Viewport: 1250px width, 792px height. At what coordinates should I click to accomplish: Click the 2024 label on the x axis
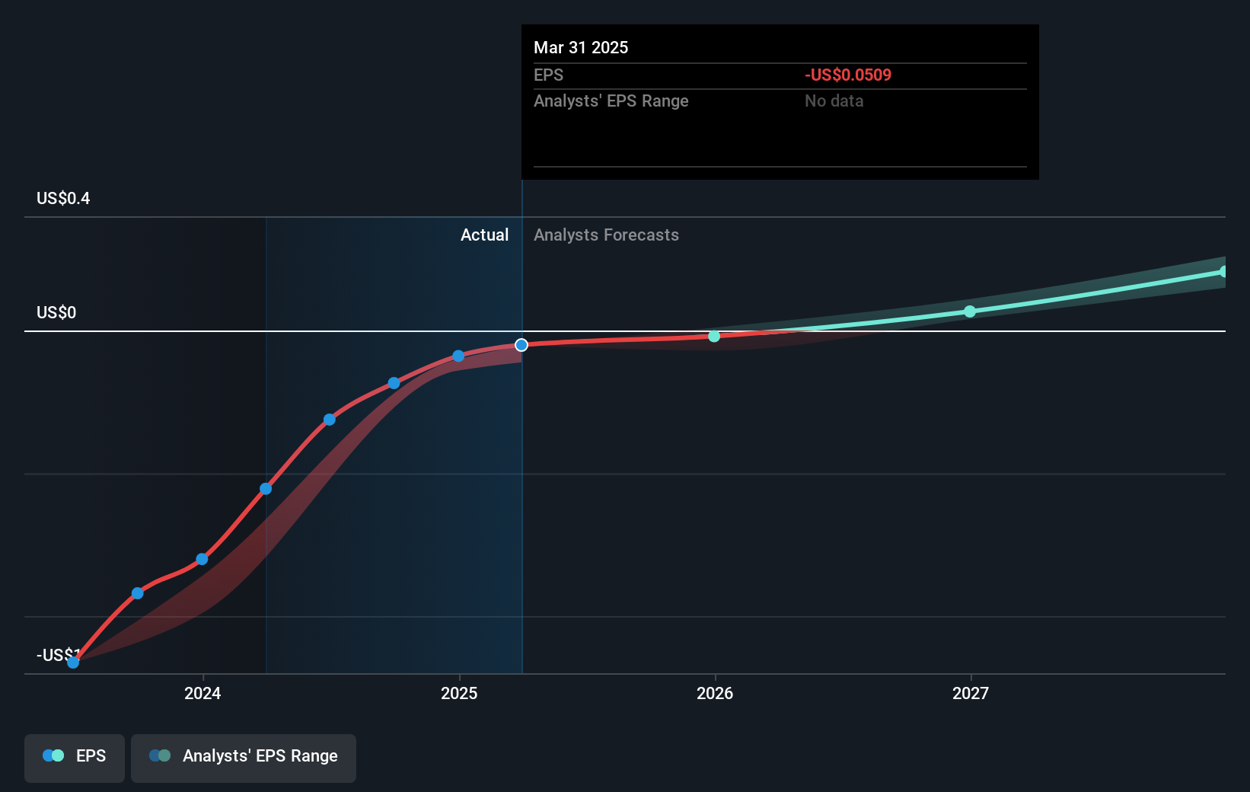(202, 693)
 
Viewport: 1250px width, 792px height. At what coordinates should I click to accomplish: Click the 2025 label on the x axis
(459, 693)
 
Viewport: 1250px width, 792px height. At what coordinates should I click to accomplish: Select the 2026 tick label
(715, 693)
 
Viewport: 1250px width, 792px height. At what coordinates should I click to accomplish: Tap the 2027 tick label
(971, 693)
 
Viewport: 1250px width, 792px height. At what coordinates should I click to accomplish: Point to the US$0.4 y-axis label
(63, 199)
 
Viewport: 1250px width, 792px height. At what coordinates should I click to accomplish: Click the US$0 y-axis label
(56, 313)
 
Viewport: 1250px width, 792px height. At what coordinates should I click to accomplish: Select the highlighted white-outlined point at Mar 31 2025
(521, 345)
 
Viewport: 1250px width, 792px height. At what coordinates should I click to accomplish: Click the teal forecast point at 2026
(714, 336)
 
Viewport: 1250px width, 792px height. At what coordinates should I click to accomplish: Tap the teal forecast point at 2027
(970, 311)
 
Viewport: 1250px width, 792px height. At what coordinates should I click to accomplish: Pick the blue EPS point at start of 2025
(458, 356)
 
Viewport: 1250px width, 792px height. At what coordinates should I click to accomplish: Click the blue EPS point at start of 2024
(202, 559)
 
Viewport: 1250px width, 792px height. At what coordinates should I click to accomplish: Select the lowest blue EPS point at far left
(73, 663)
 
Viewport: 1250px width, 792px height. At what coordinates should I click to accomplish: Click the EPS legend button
(75, 756)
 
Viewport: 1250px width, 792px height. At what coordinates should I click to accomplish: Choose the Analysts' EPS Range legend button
(244, 756)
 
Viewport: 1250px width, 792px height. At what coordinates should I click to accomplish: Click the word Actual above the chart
(484, 235)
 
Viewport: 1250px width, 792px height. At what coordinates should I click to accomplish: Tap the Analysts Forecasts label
(606, 235)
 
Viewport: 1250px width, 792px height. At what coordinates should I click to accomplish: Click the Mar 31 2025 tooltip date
(581, 48)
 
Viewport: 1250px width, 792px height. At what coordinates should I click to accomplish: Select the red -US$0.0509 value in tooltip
(848, 75)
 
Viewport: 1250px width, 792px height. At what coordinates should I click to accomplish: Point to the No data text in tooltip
(834, 101)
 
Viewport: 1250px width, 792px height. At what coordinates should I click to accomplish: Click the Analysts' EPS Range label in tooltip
(611, 101)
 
